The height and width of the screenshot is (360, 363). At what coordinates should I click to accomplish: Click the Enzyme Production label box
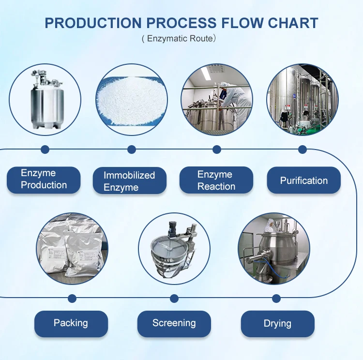pyautogui.click(x=44, y=180)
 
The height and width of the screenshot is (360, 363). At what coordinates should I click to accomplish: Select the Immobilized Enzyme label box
pyautogui.click(x=129, y=181)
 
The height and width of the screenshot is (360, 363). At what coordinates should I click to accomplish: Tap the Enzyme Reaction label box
pyautogui.click(x=216, y=180)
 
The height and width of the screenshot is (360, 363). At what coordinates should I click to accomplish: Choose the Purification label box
pyautogui.click(x=303, y=180)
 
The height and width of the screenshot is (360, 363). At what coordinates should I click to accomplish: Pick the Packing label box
pyautogui.click(x=71, y=323)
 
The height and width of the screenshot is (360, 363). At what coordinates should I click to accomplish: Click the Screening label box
pyautogui.click(x=174, y=323)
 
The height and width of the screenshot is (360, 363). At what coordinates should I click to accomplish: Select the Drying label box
pyautogui.click(x=277, y=323)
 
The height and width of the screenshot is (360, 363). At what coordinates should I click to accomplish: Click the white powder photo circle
pyautogui.click(x=130, y=100)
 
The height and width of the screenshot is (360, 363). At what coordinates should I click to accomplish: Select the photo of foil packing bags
pyautogui.click(x=72, y=248)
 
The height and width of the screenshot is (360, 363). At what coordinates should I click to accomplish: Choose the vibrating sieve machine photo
pyautogui.click(x=174, y=248)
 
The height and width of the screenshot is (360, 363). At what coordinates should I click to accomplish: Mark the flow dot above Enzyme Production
pyautogui.click(x=45, y=150)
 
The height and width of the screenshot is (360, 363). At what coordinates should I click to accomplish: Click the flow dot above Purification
pyautogui.click(x=302, y=150)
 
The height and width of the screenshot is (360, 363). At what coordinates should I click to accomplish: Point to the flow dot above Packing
pyautogui.click(x=72, y=298)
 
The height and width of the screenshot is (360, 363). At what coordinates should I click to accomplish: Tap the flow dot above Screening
pyautogui.click(x=174, y=298)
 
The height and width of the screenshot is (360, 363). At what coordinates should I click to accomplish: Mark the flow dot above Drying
pyautogui.click(x=276, y=298)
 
